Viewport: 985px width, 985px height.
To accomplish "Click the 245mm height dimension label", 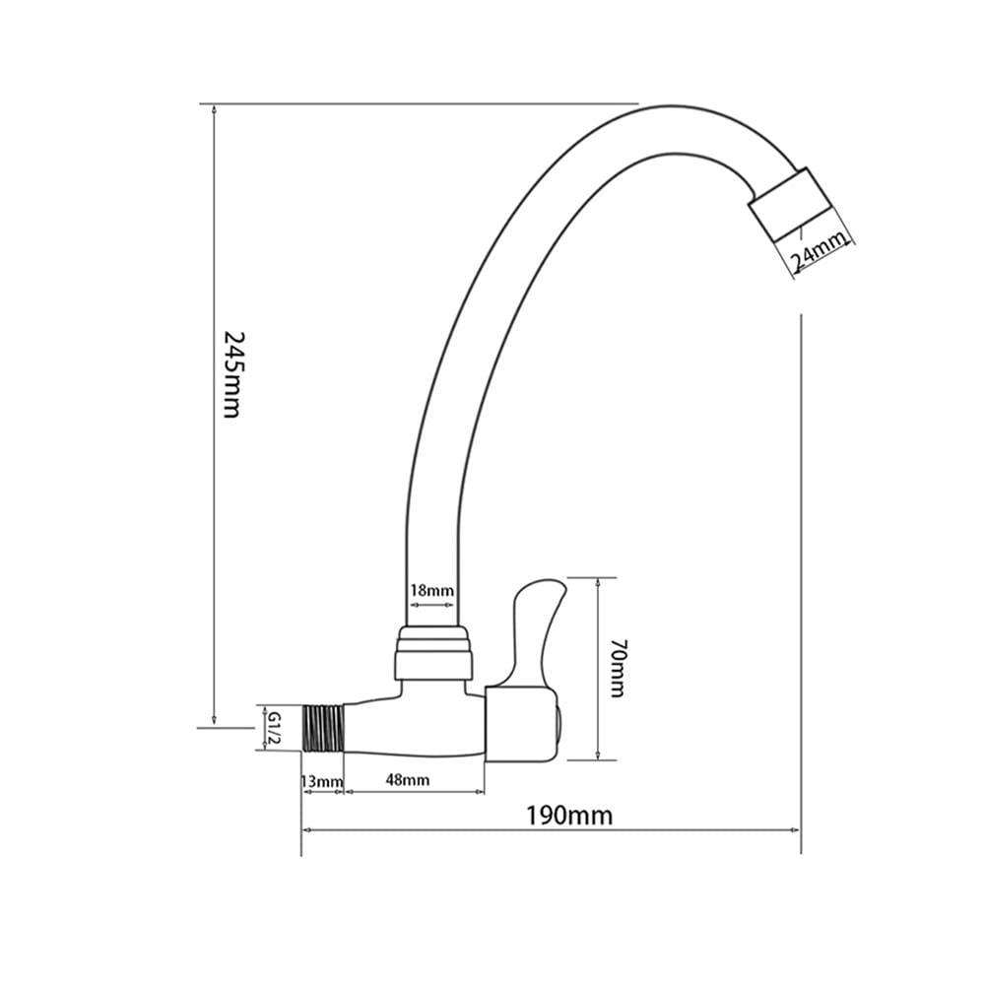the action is click(x=231, y=374).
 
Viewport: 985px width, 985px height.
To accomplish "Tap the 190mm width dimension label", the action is click(x=568, y=816).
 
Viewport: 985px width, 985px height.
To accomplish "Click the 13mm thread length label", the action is click(x=322, y=781).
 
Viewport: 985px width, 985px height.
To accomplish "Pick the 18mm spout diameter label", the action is click(x=431, y=590).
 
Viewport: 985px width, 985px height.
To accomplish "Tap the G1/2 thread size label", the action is click(x=274, y=728).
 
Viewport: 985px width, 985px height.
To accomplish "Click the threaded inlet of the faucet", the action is click(x=323, y=728).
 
